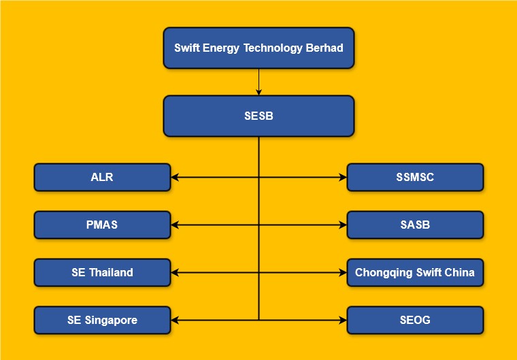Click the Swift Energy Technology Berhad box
coord(258,48)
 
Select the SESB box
coord(258,116)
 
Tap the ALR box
coord(102,177)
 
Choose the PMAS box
coord(102,225)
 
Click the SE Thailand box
coord(102,272)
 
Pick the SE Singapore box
coord(102,320)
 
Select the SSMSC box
coord(415,177)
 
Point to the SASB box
coord(415,225)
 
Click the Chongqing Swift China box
coord(415,272)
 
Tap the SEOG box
coord(415,320)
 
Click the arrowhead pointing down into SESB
coord(258,92)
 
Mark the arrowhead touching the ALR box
coord(175,177)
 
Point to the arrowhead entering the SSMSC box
coord(343,177)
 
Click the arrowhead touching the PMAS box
coord(175,225)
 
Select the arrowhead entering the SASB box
coord(343,225)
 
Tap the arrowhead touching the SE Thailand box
coord(175,272)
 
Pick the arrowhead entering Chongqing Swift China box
coord(343,272)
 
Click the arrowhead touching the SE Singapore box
coord(175,320)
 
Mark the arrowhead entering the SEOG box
coord(343,320)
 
